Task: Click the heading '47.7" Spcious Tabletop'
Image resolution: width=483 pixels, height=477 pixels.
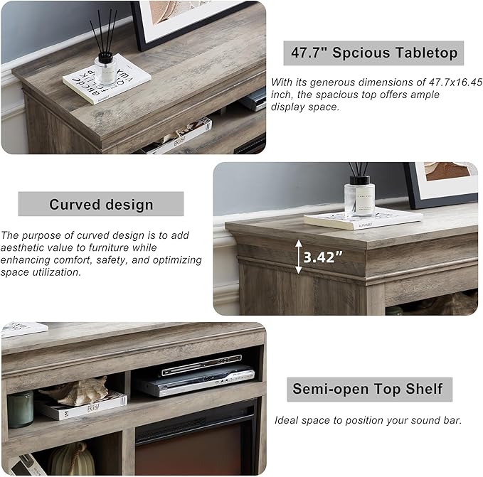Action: pos(373,53)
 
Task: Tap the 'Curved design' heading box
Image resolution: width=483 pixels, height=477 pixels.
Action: pos(101,205)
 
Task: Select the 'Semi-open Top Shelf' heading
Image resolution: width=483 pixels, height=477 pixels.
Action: pos(368,389)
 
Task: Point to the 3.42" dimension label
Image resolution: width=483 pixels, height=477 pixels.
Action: pos(323,257)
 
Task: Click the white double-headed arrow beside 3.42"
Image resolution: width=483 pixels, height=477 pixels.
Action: pos(297,257)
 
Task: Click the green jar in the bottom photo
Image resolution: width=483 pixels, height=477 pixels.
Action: pos(20,409)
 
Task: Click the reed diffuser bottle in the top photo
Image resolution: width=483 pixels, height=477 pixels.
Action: pos(105,68)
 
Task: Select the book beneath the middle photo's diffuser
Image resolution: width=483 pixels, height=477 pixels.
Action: pos(363,219)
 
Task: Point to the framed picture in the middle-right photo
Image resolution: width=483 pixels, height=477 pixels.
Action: pos(441,183)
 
